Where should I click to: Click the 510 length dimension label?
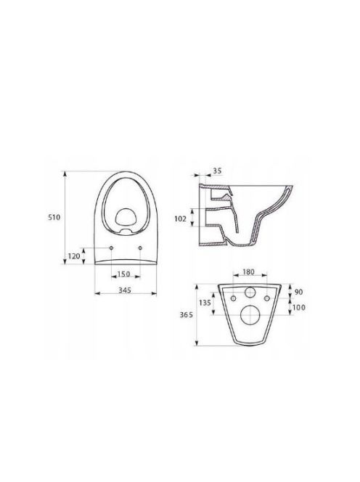tap(54, 217)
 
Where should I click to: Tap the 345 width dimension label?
tap(125, 290)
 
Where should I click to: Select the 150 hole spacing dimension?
tap(124, 274)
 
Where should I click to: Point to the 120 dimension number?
tap(74, 256)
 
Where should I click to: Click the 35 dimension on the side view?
tap(217, 171)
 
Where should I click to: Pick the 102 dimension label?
tap(180, 219)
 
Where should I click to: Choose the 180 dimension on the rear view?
tap(248, 271)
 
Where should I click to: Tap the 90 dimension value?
tap(299, 292)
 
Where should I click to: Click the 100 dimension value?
tap(299, 307)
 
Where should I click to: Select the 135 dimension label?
tap(205, 303)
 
